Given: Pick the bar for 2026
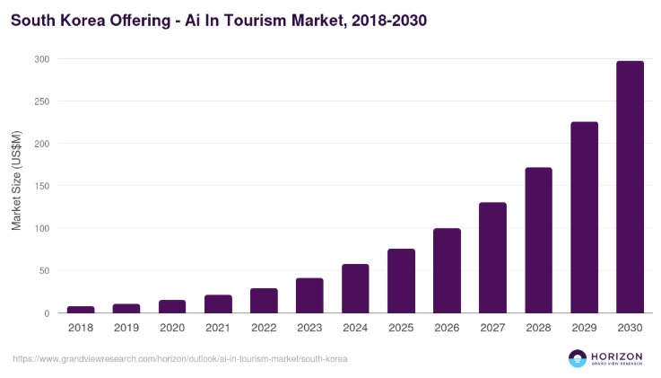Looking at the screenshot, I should pyautogui.click(x=447, y=271).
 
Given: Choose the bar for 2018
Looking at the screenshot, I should pyautogui.click(x=81, y=310).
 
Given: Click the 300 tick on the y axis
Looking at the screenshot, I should pyautogui.click(x=41, y=59).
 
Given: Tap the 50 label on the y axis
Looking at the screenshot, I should pyautogui.click(x=44, y=271).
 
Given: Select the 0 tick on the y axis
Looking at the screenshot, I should pyautogui.click(x=47, y=313).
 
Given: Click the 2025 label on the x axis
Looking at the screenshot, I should pyautogui.click(x=401, y=329).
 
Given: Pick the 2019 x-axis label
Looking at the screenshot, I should pyautogui.click(x=126, y=329).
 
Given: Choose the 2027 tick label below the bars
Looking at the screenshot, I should pyautogui.click(x=492, y=329).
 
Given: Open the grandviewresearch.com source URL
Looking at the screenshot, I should pyautogui.click(x=180, y=358).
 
